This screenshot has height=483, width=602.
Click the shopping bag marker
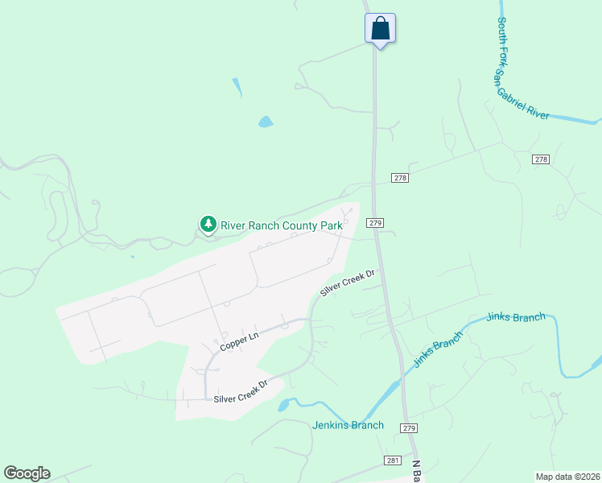[380, 28]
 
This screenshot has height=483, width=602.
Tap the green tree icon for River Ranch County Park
[208, 225]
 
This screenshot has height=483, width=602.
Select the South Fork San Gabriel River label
[522, 70]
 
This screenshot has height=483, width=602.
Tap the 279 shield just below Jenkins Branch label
[409, 427]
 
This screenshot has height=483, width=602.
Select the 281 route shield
[391, 460]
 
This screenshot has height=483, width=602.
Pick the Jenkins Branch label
[348, 425]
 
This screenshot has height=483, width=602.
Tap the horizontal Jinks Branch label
[516, 317]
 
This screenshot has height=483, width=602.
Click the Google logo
[27, 473]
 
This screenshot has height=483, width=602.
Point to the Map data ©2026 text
[567, 476]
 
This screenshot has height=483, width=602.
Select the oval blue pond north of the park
[265, 122]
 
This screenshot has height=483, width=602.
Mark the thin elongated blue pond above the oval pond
[237, 87]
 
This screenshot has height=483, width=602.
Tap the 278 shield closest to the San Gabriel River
[541, 159]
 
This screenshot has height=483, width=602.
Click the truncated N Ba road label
[418, 471]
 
